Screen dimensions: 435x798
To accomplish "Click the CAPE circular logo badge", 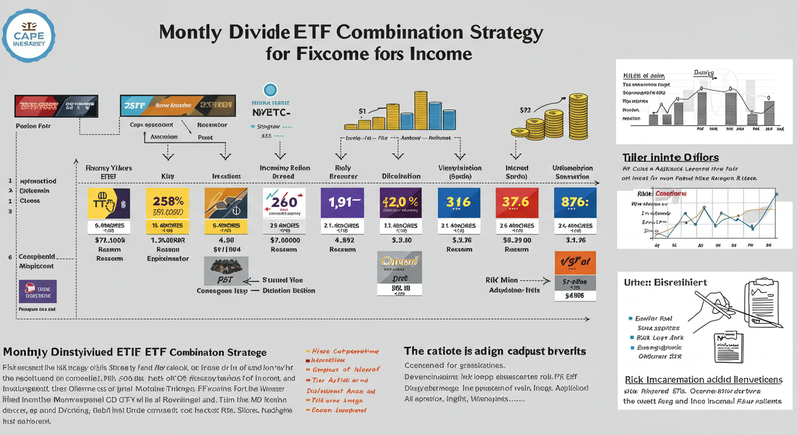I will (28, 35).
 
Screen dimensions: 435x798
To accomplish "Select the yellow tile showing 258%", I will (168, 203).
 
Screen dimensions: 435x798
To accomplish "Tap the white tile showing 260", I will (284, 203).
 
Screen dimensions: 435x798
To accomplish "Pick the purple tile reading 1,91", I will (342, 203).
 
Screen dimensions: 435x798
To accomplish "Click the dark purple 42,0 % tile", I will (400, 203).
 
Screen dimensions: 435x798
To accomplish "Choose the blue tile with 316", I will (459, 203).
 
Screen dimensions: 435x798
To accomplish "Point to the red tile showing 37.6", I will (517, 203).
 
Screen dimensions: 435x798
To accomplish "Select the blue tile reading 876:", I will (575, 203).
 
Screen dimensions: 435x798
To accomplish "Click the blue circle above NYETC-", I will (270, 89).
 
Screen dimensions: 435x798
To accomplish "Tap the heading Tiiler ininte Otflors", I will (670, 157).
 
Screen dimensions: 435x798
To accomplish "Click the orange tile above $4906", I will (575, 262).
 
